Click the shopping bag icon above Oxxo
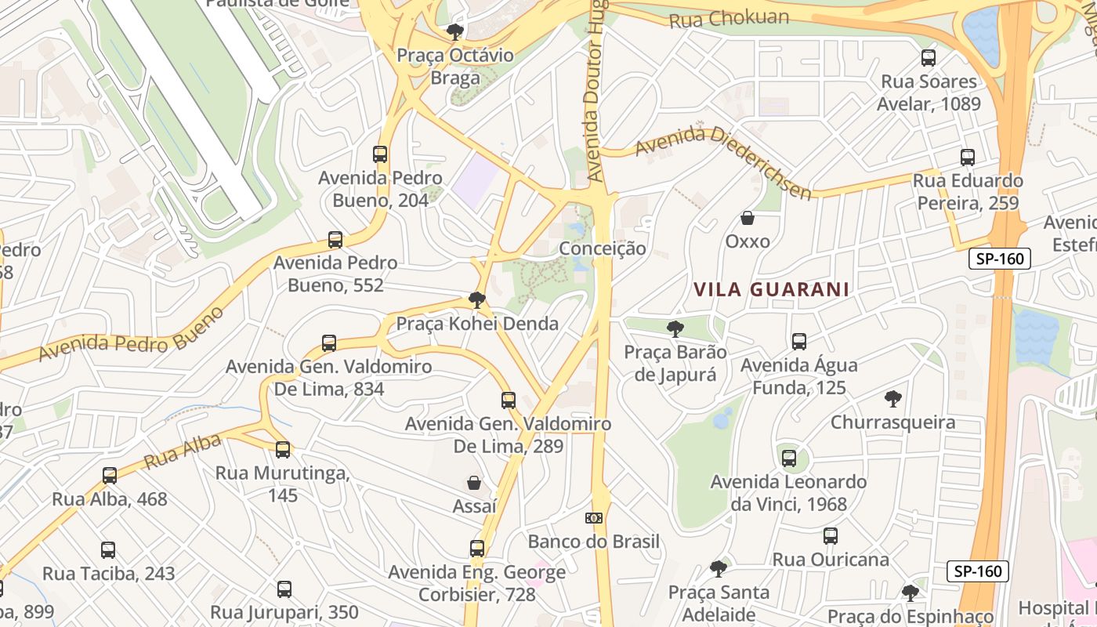[x=748, y=218]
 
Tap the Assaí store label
[x=474, y=506]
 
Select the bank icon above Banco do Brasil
[x=594, y=518]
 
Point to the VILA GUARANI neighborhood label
[x=771, y=289]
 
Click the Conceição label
[x=603, y=248]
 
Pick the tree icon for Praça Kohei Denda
[x=476, y=299]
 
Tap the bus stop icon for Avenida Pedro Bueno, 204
[x=380, y=154]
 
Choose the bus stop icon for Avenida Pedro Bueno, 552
[x=335, y=239]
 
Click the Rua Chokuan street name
[x=729, y=19]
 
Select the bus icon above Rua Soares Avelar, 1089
[x=929, y=57]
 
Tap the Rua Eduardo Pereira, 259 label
[x=968, y=192]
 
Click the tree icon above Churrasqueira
[x=892, y=399]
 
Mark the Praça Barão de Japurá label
[x=675, y=363]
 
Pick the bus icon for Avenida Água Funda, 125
[x=799, y=342]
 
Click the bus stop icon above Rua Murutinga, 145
[x=283, y=450]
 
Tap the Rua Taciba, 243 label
[x=108, y=573]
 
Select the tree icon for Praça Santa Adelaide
[x=719, y=568]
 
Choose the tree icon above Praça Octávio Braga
[x=454, y=32]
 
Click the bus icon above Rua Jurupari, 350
[x=284, y=589]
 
